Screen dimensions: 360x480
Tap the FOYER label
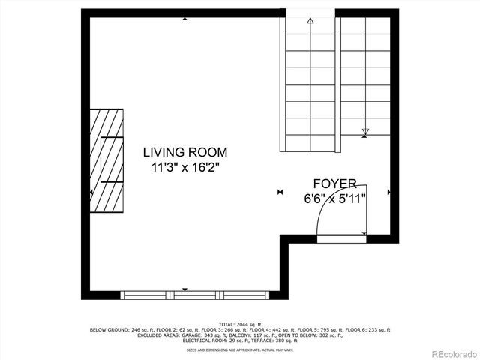click(x=334, y=184)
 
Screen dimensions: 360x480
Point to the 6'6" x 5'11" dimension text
click(x=334, y=199)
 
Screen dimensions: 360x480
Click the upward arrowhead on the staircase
click(x=310, y=22)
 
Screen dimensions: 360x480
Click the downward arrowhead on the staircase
click(x=365, y=133)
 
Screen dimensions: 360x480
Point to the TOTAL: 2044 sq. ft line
click(x=240, y=324)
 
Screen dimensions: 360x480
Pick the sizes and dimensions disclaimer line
click(x=240, y=349)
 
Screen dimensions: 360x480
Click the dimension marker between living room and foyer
click(x=280, y=193)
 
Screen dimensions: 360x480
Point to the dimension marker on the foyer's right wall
click(x=389, y=193)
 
